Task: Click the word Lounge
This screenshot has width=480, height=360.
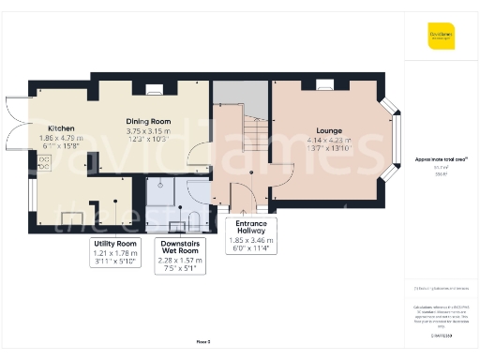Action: [x=328, y=130]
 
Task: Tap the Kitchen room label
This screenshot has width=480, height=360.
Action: [x=62, y=128]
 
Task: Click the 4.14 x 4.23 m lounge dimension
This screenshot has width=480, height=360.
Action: [x=328, y=140]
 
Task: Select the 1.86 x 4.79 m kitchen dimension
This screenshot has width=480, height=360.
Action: [x=62, y=138]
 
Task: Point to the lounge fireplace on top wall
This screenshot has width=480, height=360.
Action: [x=326, y=85]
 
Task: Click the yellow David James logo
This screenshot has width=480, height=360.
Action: [x=442, y=38]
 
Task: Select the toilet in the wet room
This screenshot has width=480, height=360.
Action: [x=192, y=219]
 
